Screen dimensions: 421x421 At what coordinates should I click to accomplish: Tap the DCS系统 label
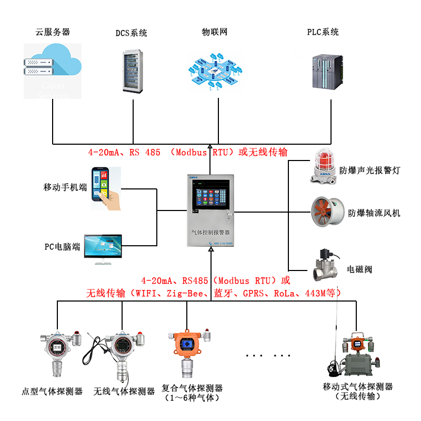(x=132, y=33)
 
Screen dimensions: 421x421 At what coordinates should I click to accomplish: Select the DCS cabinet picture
(x=133, y=71)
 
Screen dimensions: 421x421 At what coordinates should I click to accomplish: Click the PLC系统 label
(x=323, y=32)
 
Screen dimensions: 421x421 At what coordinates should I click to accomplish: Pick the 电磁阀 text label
(x=359, y=269)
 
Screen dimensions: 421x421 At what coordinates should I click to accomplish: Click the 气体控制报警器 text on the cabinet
(x=212, y=232)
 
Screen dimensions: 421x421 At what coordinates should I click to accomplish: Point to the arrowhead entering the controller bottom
(x=210, y=251)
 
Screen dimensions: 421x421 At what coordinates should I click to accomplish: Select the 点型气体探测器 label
(x=52, y=391)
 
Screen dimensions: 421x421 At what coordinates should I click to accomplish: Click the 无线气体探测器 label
(x=124, y=391)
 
